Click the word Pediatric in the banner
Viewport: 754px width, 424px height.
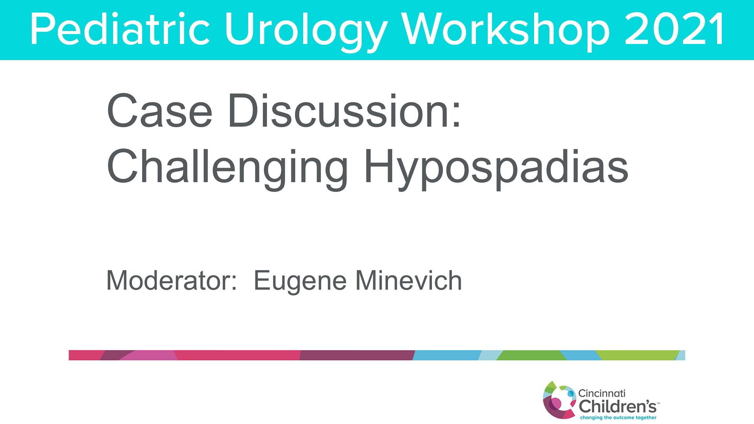tap(120, 30)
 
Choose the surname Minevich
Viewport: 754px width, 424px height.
tap(409, 280)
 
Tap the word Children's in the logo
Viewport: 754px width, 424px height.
tap(618, 406)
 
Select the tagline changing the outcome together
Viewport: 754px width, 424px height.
tap(618, 417)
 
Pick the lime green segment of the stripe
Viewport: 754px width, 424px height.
tap(638, 355)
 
